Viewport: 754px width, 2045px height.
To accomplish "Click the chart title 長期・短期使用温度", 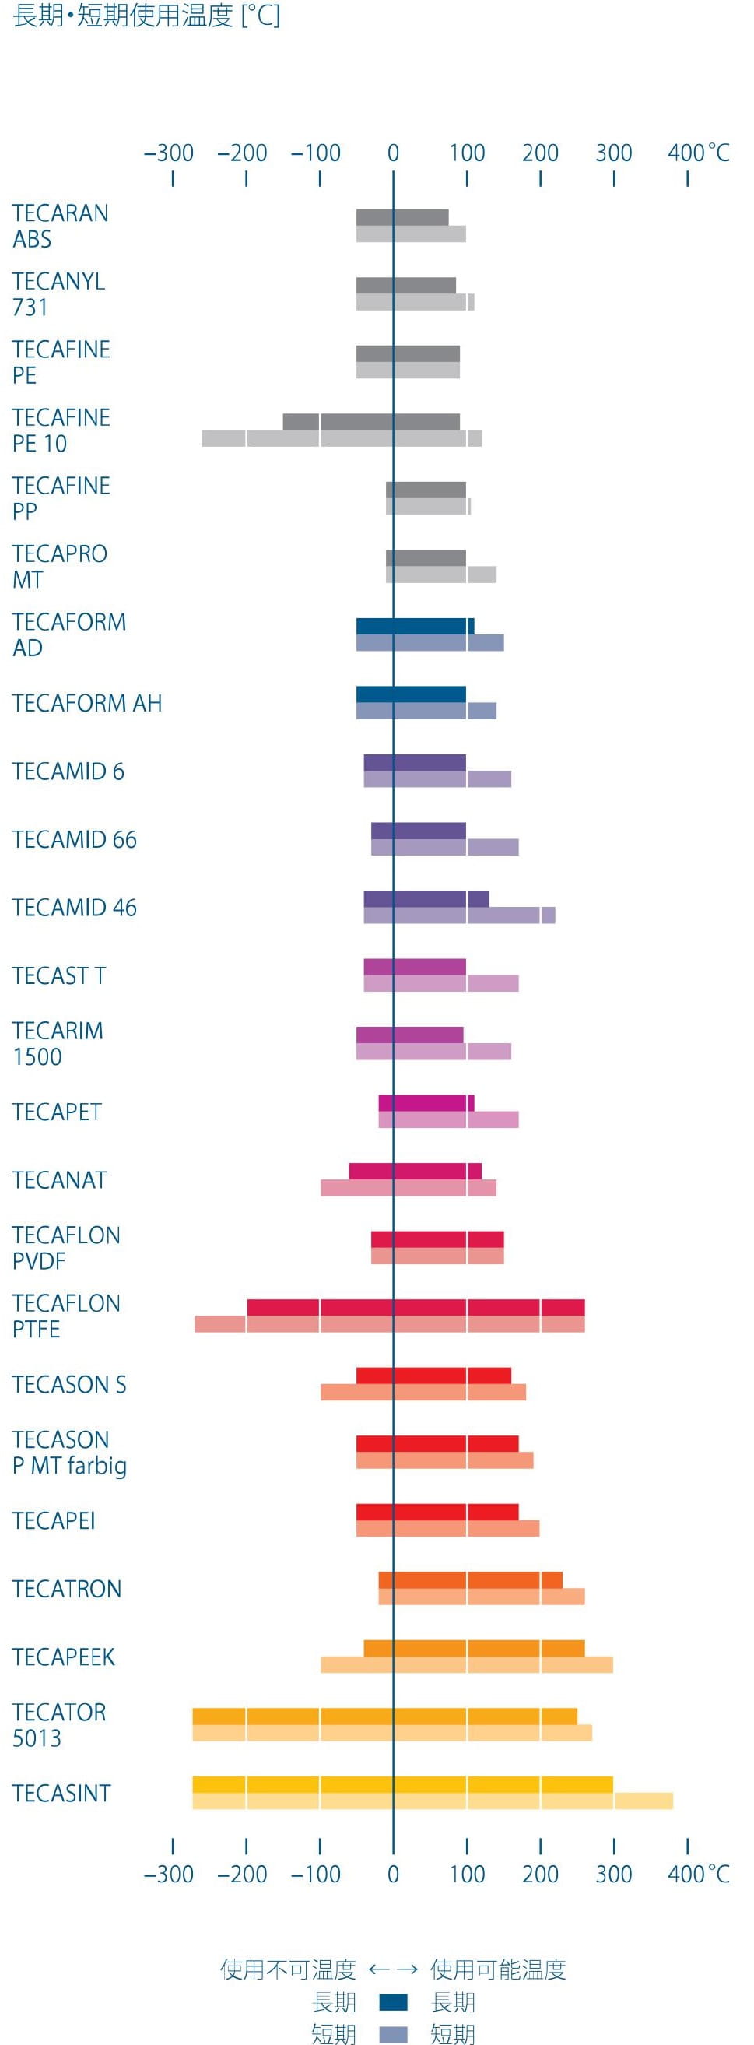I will [x=147, y=16].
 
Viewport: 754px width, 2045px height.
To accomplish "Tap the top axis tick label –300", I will [x=168, y=153].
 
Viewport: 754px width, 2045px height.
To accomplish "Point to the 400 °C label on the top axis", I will [x=698, y=153].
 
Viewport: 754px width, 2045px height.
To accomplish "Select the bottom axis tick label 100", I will [x=467, y=1875].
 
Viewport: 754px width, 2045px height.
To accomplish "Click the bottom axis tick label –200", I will [x=242, y=1875].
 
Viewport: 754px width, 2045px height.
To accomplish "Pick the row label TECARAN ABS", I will [x=61, y=227].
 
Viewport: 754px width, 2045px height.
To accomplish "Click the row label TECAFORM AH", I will [x=87, y=704].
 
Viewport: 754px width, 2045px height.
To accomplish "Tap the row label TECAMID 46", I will [x=75, y=908].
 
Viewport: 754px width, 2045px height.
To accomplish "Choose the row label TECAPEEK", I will [x=64, y=1657].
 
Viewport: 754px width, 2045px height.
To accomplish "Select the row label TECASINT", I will [x=61, y=1794].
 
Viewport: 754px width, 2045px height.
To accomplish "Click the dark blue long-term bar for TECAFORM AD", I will [x=414, y=627].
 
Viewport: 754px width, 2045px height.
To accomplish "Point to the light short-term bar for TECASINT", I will [x=433, y=1801].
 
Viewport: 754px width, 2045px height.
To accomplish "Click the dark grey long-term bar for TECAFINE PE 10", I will [x=370, y=422].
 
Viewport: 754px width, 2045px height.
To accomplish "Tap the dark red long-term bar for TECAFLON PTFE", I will [x=415, y=1308].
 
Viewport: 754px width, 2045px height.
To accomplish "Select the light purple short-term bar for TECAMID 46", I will [x=459, y=915].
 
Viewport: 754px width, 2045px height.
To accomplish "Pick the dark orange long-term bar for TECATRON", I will [x=470, y=1579].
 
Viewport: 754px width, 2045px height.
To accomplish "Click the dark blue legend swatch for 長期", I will [x=394, y=2002].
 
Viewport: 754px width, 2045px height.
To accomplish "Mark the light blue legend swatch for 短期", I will [x=394, y=2034].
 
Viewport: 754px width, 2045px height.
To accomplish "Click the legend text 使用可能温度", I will [x=498, y=1969].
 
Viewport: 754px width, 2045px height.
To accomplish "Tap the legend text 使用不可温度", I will [x=288, y=1969].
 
